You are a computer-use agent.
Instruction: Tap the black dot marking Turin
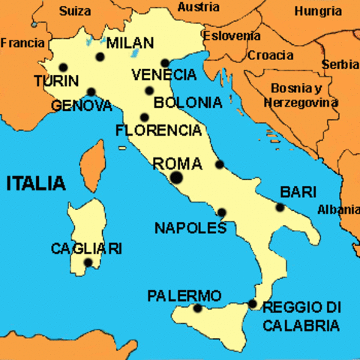(62, 66)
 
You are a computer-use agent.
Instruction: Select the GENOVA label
(82, 106)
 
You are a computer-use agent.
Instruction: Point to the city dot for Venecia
(165, 63)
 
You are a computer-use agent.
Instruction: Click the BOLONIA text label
(187, 103)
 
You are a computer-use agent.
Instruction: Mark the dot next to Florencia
(144, 117)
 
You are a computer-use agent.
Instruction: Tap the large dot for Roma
(176, 178)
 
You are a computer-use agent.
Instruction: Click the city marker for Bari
(280, 208)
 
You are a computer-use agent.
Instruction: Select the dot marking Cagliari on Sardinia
(88, 262)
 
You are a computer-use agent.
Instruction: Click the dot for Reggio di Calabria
(252, 304)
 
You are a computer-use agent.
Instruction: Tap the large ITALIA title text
(35, 183)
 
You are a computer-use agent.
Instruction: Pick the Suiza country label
(75, 12)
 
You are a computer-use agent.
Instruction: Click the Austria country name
(199, 7)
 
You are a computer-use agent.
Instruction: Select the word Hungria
(318, 11)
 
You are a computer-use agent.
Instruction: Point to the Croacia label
(271, 55)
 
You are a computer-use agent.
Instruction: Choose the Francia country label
(22, 43)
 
